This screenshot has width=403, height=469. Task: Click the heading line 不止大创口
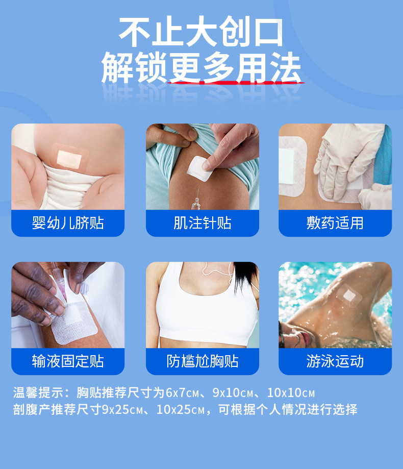[x=201, y=32]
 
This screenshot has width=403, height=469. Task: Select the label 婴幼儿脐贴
[x=68, y=223]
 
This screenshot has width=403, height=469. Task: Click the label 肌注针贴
[x=202, y=223]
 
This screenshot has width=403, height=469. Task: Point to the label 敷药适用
[x=335, y=223]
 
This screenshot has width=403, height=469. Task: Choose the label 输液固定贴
[x=68, y=361]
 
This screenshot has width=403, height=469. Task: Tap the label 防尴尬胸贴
[x=202, y=361]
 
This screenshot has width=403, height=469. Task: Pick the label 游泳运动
[x=335, y=361]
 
